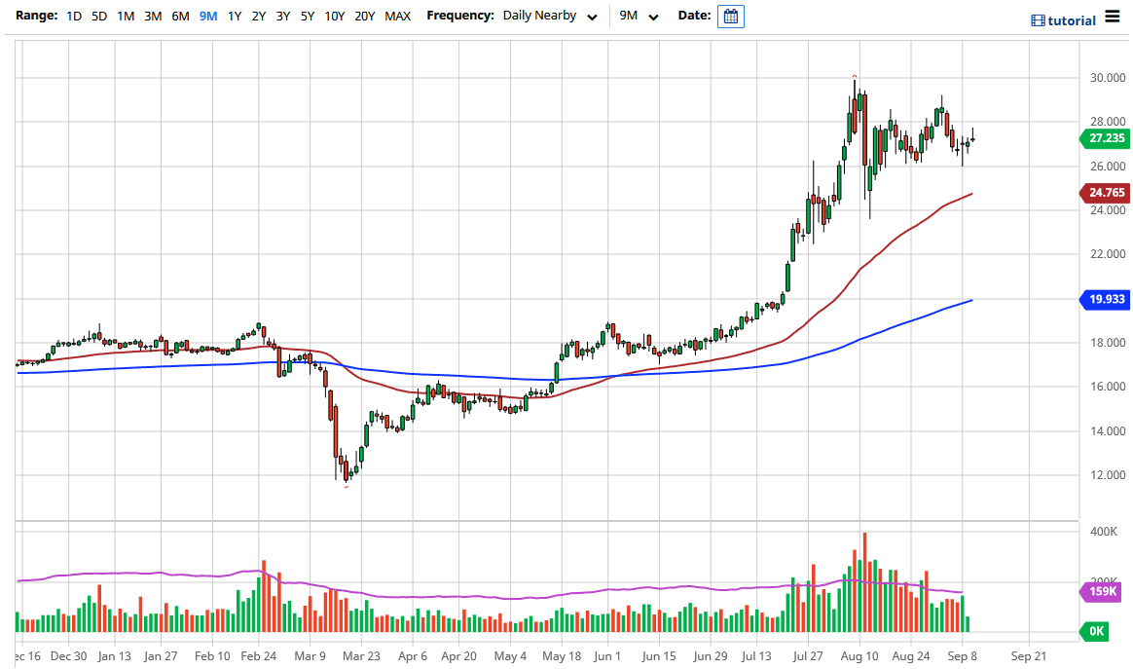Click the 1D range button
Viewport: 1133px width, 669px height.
click(x=74, y=16)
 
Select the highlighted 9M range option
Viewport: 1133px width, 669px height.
click(x=207, y=16)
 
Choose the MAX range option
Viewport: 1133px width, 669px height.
click(x=397, y=16)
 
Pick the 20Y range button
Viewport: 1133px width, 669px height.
click(x=365, y=16)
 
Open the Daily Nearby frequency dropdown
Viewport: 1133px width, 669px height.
click(x=550, y=16)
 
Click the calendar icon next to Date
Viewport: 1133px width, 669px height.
click(x=731, y=16)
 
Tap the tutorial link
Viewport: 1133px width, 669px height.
click(x=1063, y=20)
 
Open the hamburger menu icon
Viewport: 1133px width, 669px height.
click(x=1113, y=19)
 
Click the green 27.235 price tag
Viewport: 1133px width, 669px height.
click(x=1106, y=138)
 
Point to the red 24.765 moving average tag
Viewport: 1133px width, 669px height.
click(x=1106, y=193)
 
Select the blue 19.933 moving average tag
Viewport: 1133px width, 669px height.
click(x=1106, y=299)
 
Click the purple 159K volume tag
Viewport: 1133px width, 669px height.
click(x=1102, y=591)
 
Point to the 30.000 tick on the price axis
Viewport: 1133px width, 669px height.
click(x=1108, y=78)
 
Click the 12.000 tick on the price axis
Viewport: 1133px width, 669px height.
click(x=1108, y=475)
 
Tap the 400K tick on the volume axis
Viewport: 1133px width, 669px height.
click(x=1103, y=533)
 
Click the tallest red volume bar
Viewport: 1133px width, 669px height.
click(x=864, y=582)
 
